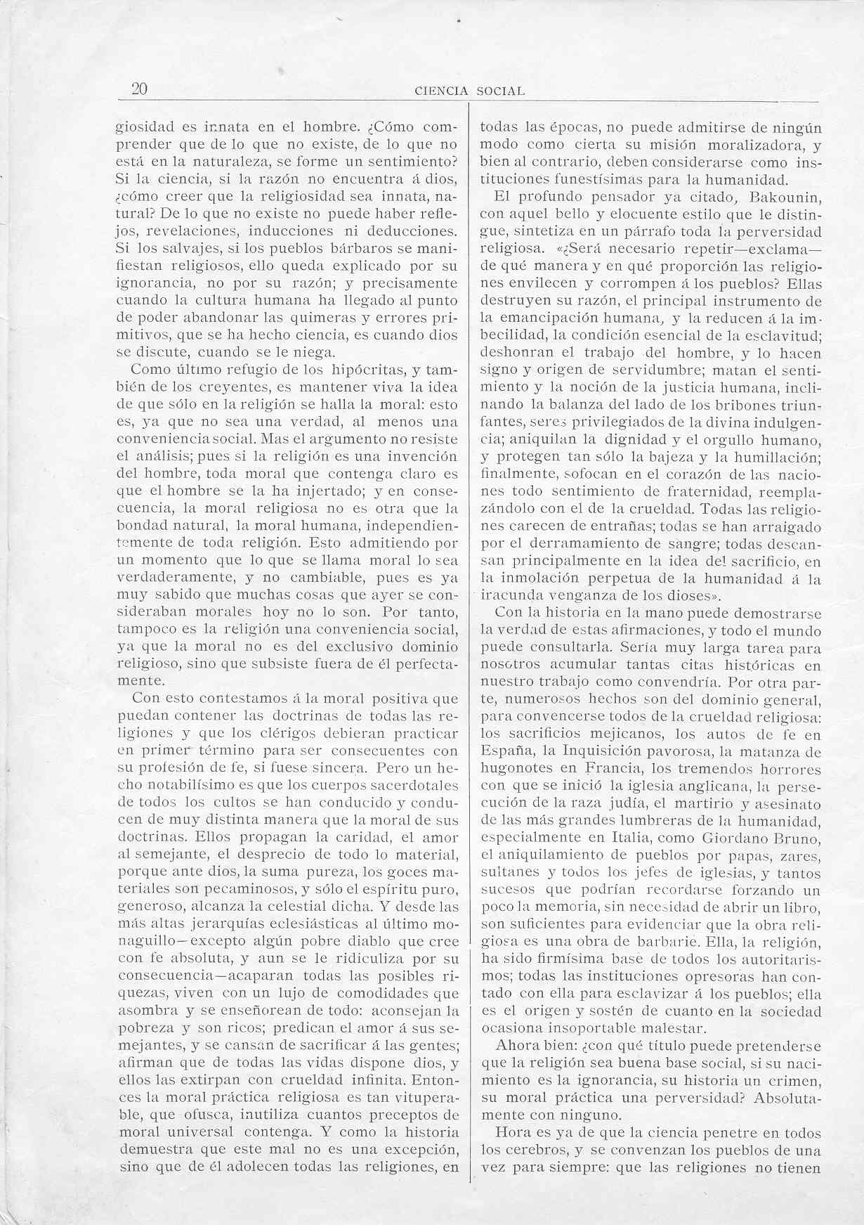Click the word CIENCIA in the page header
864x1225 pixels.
(442, 91)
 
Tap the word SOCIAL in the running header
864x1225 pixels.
(500, 91)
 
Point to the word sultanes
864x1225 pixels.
(509, 874)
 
